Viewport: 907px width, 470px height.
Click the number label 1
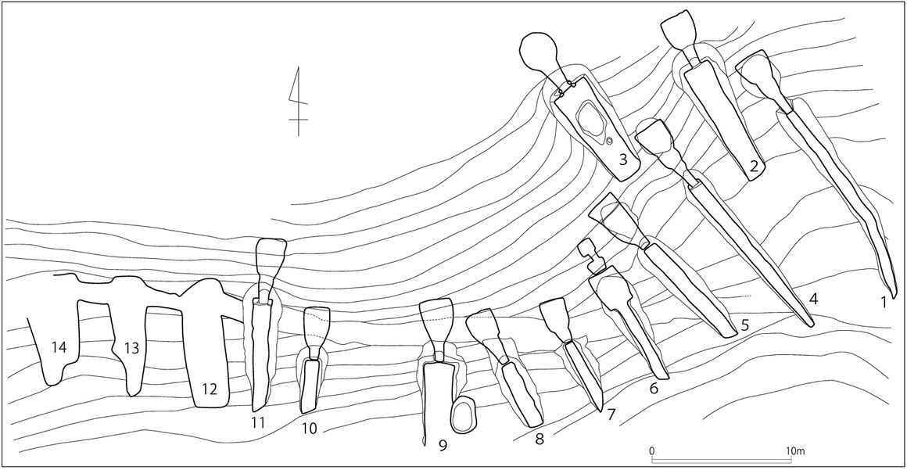[884, 301]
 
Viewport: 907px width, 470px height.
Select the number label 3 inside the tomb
[622, 160]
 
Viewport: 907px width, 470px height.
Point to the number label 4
[813, 298]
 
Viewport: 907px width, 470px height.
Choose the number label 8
[539, 440]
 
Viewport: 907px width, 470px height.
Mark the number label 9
[443, 446]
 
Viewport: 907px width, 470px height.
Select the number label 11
[259, 423]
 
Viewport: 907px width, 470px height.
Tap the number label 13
[131, 348]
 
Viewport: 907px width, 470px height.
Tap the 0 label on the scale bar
[652, 451]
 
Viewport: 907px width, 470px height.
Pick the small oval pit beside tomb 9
[464, 413]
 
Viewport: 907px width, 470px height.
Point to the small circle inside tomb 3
[609, 141]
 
